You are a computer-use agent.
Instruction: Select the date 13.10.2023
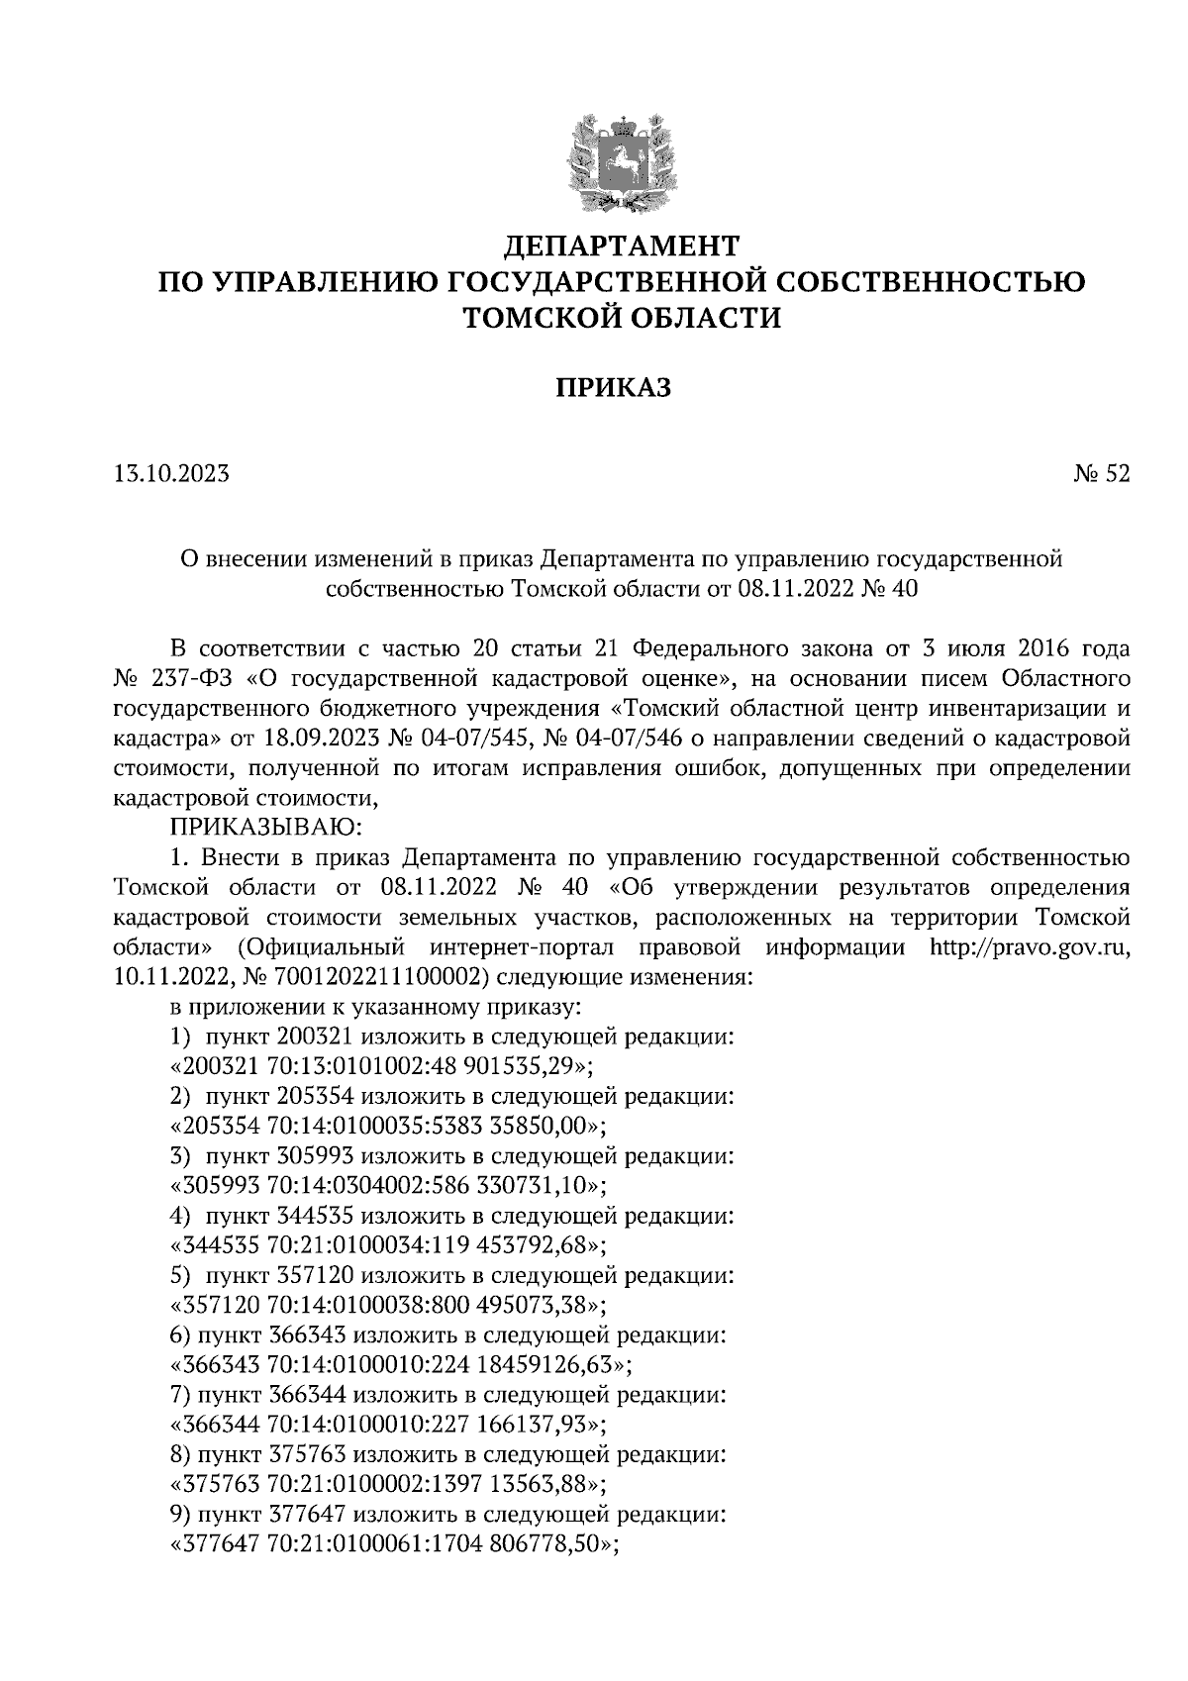point(172,474)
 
